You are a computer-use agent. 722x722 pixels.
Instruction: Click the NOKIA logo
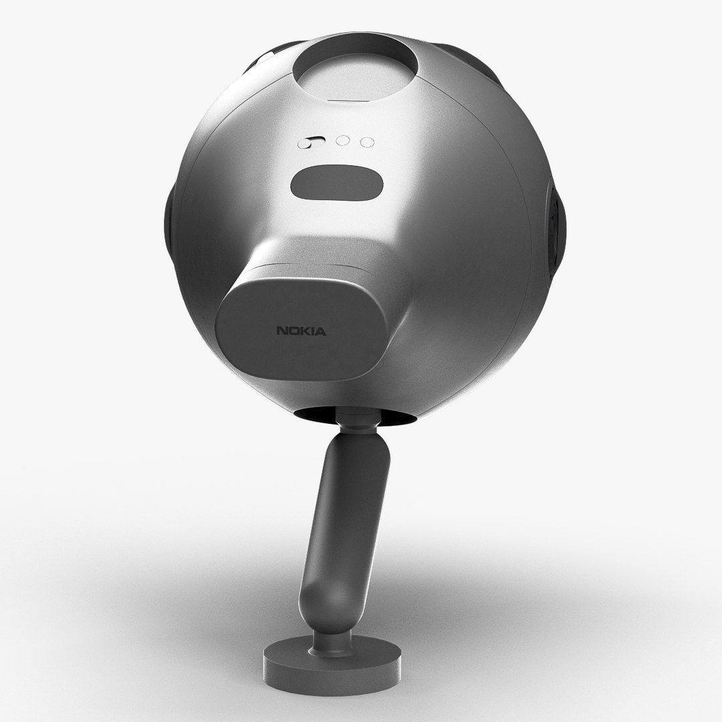(x=302, y=331)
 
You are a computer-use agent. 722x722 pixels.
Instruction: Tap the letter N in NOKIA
(x=283, y=331)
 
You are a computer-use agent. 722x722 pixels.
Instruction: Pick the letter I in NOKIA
(x=313, y=331)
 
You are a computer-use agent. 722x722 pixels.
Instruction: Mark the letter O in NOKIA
(x=294, y=331)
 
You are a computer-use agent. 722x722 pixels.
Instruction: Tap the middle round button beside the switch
(x=343, y=141)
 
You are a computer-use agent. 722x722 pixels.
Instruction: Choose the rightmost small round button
(x=366, y=142)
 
